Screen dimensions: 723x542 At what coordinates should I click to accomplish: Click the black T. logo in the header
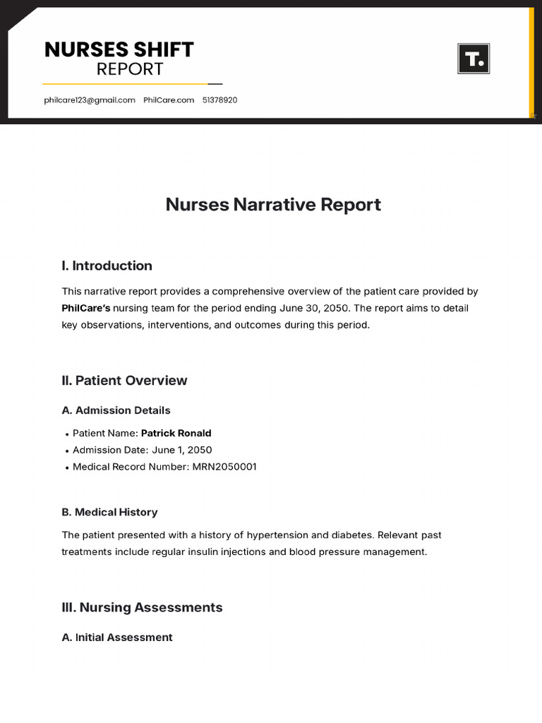click(474, 59)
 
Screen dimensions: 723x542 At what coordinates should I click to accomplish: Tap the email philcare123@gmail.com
click(90, 100)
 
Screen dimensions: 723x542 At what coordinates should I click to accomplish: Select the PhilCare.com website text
click(169, 100)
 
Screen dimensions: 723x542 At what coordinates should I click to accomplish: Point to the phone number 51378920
click(219, 100)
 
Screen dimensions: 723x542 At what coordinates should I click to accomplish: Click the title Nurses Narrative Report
click(273, 205)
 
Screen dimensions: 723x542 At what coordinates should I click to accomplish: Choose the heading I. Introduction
click(107, 266)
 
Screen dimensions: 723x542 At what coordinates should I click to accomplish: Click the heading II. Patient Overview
click(124, 381)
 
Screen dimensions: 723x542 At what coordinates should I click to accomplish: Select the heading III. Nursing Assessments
click(142, 608)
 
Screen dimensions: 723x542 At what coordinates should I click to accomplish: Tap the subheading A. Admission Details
click(116, 410)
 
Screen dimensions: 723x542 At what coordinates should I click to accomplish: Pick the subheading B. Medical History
click(109, 513)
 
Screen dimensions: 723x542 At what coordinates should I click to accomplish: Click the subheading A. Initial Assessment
click(116, 638)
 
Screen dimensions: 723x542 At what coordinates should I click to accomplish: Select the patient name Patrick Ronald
click(176, 434)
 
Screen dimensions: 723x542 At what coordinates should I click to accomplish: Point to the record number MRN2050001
click(224, 467)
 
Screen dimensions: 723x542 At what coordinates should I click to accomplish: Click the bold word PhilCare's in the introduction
click(86, 309)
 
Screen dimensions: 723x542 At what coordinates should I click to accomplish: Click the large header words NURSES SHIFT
click(119, 49)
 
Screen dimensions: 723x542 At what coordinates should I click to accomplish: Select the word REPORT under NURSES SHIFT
click(130, 69)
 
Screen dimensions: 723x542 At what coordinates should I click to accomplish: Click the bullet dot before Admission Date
click(66, 451)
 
